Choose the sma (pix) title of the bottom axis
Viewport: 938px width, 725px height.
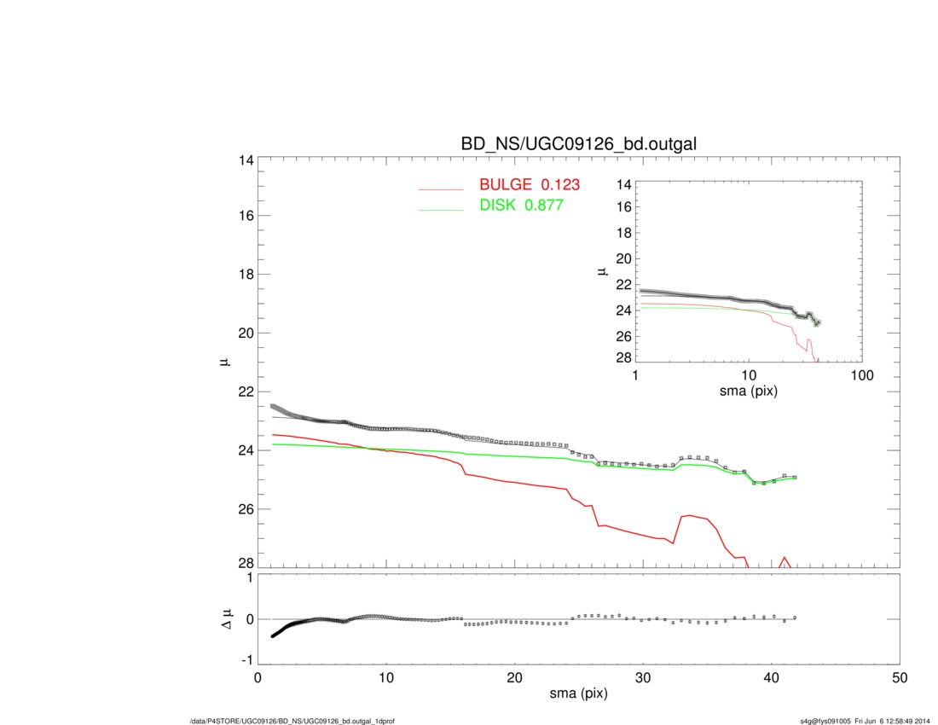click(578, 695)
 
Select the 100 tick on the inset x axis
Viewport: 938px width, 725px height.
click(861, 376)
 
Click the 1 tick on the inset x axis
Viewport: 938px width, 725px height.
click(636, 376)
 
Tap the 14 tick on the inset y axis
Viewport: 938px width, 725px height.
click(622, 184)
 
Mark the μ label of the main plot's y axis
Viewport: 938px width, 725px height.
click(225, 362)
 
